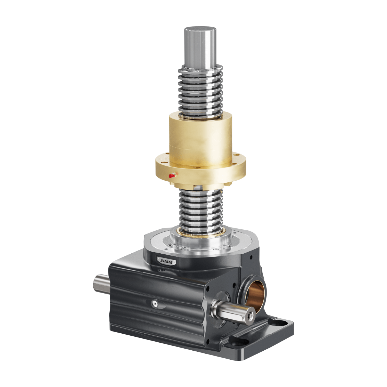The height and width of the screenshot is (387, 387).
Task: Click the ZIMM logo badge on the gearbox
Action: [166, 261]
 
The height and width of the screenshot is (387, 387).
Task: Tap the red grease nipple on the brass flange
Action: [171, 176]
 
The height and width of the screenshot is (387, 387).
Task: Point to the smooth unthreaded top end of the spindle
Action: [200, 49]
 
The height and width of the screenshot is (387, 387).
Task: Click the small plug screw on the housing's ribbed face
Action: [155, 304]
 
